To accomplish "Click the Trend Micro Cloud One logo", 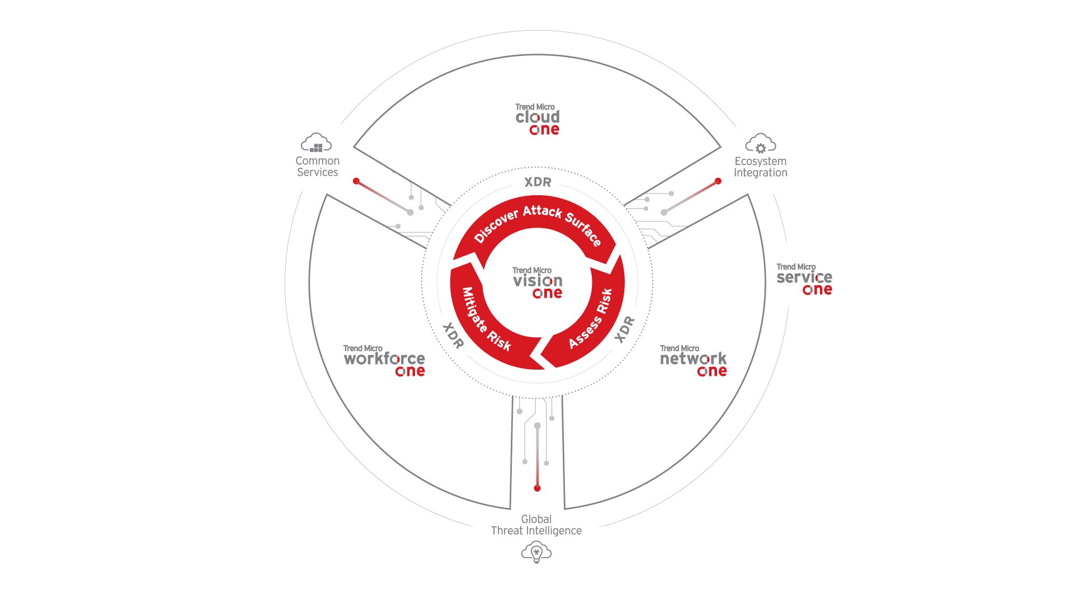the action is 538,119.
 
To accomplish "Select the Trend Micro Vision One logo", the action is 538,282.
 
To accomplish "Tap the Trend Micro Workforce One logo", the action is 384,361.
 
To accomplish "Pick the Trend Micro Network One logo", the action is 693,361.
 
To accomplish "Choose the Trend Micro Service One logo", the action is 804,279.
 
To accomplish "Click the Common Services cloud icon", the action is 317,143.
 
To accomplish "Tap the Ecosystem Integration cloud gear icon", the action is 761,143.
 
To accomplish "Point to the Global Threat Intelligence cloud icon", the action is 536,553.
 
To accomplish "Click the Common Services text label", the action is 317,167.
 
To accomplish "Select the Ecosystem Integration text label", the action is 761,167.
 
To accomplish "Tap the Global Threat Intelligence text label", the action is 536,525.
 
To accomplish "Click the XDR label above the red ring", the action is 538,182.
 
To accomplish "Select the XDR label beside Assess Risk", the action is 624,329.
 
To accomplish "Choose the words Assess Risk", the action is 591,319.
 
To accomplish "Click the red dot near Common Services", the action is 356,181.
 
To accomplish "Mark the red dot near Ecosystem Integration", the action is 718,181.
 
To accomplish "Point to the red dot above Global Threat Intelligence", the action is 537,488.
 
